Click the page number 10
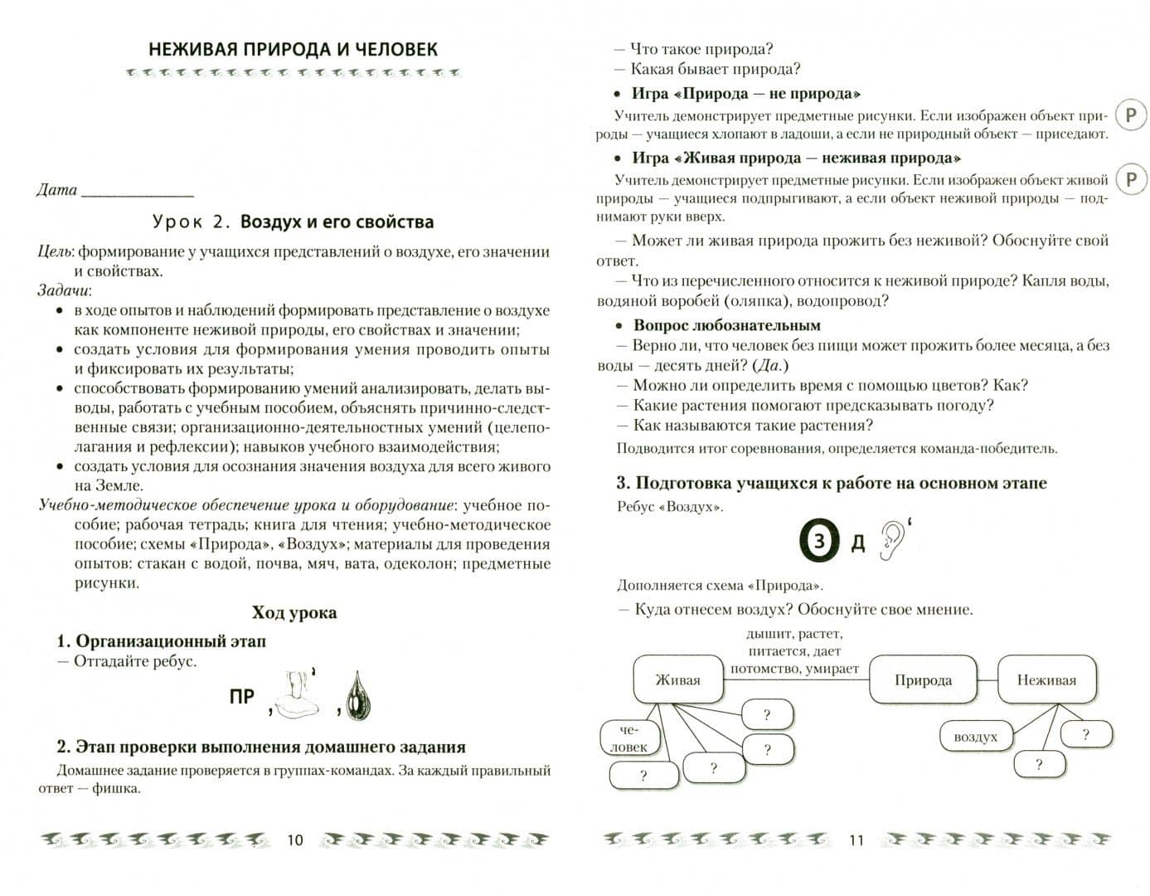click(295, 840)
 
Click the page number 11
click(856, 840)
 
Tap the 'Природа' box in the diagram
click(923, 680)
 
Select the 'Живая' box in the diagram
click(677, 680)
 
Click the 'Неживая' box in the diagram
click(1046, 680)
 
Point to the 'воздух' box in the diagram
click(975, 737)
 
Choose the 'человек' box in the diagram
click(628, 738)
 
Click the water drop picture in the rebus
click(358, 695)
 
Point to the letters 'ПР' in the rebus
click(242, 697)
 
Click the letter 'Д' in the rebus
click(858, 543)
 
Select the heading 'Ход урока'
click(294, 613)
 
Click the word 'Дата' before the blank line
click(57, 190)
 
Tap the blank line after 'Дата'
click(138, 194)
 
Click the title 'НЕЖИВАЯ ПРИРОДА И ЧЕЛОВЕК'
click(293, 49)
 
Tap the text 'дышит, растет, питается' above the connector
click(793, 642)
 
